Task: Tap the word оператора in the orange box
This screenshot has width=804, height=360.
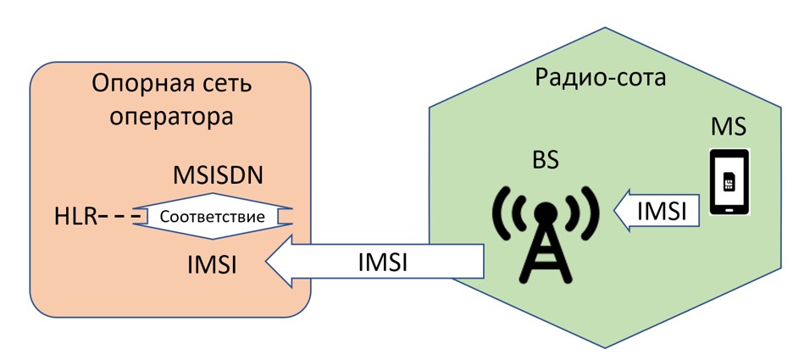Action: pyautogui.click(x=172, y=115)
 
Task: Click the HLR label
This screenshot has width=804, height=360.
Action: pyautogui.click(x=75, y=218)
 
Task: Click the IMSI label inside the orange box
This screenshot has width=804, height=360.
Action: pyautogui.click(x=212, y=264)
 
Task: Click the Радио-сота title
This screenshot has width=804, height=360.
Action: pyautogui.click(x=601, y=78)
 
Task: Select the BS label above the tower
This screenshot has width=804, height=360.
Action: pyautogui.click(x=546, y=160)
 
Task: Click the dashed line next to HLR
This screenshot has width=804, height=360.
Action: pyautogui.click(x=119, y=218)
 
